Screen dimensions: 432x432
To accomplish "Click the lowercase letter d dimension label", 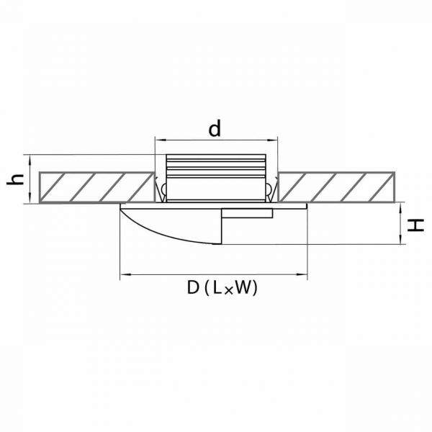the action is pos(215,129).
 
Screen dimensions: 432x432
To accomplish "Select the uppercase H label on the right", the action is pos(416,225).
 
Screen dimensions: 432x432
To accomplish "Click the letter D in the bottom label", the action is pos(193,287).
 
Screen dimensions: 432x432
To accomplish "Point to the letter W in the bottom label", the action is pos(242,287).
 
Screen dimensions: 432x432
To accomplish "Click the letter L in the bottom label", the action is pos(217,287).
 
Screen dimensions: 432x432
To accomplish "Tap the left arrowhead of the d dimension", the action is pos(160,140).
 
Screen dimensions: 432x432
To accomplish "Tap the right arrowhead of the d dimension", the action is pos(272,140).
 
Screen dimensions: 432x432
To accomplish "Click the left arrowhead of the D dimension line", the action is pos(125,274).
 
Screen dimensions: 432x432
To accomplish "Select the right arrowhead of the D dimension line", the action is pos(302,274).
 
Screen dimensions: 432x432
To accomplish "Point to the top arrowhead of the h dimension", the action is pos(30,160).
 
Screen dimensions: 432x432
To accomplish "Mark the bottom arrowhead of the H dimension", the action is pos(400,239).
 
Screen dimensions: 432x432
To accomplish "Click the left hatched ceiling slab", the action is pos(96,187).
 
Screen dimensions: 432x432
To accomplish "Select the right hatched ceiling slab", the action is pos(336,187).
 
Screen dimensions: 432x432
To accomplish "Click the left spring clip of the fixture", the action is pos(161,189).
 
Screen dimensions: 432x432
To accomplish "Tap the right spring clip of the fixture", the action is pos(271,189).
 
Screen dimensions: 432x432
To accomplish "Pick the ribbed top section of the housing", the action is pos(216,166).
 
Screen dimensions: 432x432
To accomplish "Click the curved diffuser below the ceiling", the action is pos(171,225).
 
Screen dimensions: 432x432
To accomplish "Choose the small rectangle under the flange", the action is pos(247,214).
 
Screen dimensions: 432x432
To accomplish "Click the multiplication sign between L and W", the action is pos(228,290).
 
